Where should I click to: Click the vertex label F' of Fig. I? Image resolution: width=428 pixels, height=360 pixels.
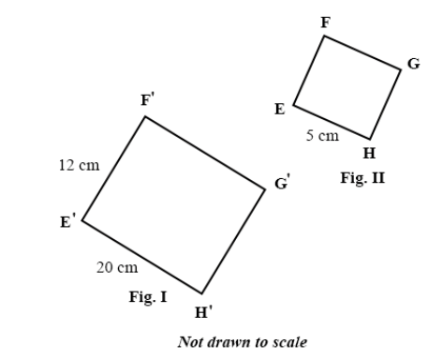coord(148,99)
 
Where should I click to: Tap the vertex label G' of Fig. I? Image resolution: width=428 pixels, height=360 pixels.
coord(283,183)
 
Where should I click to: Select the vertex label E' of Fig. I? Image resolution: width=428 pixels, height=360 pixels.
coord(67,220)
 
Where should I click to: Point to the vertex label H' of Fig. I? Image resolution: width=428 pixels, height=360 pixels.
coord(203,312)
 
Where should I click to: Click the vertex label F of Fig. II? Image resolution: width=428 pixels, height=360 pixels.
coord(326,22)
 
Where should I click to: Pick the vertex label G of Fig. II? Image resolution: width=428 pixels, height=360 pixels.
coord(414,64)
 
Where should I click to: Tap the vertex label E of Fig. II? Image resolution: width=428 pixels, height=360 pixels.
coord(280,109)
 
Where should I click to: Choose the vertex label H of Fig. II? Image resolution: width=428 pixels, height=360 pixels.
coord(369,153)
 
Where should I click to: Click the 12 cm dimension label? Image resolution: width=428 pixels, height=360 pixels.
coord(80,165)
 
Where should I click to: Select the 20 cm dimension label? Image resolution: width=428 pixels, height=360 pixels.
coord(117,267)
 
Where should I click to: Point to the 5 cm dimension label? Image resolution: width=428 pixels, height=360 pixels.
coord(322,135)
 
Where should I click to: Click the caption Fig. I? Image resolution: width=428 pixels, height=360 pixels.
coord(148,296)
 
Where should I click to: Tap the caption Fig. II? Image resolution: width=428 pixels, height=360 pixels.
coord(362,178)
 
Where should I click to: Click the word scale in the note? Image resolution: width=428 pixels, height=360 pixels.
coord(290,342)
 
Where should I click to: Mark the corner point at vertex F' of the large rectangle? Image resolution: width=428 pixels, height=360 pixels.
coord(145,116)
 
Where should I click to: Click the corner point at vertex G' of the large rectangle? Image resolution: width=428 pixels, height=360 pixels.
coord(265,189)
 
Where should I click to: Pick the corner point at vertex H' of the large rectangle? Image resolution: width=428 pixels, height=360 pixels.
coord(201,293)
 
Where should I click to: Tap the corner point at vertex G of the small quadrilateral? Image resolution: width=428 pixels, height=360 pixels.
coord(401,69)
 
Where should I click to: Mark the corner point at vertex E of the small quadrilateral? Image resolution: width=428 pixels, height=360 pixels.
coord(293,105)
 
